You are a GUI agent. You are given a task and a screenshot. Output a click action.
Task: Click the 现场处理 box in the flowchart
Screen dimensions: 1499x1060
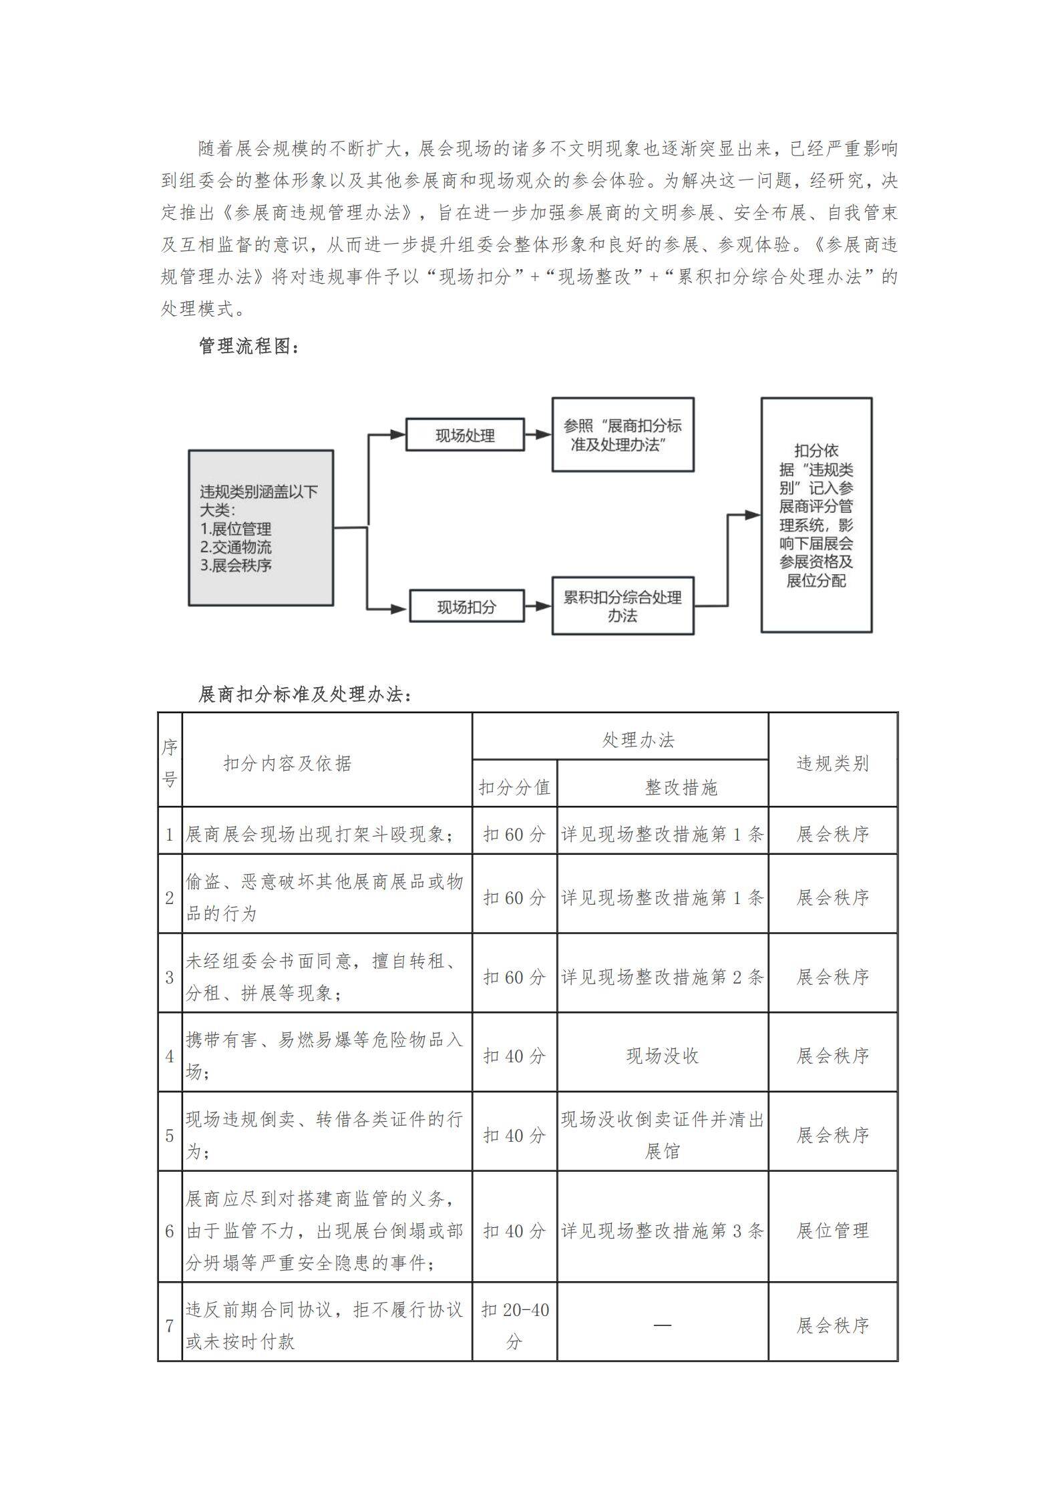465,435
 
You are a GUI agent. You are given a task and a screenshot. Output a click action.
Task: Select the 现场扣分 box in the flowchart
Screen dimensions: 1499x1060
466,606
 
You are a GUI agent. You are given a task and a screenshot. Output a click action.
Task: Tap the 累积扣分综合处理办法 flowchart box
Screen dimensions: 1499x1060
623,606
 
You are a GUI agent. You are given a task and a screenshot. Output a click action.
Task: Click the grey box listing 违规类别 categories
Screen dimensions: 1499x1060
260,527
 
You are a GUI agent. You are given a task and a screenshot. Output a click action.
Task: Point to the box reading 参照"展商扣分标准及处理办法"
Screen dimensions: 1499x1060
623,435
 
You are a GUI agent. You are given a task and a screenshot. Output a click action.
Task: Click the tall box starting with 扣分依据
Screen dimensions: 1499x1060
816,515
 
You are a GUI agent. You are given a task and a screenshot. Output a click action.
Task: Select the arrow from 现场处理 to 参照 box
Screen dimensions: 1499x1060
538,435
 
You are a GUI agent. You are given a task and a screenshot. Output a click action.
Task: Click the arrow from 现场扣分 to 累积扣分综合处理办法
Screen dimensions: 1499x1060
538,606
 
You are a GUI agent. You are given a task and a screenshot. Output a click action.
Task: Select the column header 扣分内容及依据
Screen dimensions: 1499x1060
287,763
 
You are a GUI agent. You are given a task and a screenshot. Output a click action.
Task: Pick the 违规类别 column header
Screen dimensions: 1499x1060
833,763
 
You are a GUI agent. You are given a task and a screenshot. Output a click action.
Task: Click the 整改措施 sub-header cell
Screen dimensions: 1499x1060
681,788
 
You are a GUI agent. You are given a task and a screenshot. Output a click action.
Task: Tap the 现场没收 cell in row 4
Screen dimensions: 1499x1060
663,1056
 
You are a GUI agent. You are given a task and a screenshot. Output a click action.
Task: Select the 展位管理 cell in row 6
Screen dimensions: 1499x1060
833,1230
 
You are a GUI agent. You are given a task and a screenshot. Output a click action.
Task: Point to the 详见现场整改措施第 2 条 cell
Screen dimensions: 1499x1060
663,977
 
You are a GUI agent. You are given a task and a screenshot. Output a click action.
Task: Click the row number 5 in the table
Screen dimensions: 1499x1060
170,1136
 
